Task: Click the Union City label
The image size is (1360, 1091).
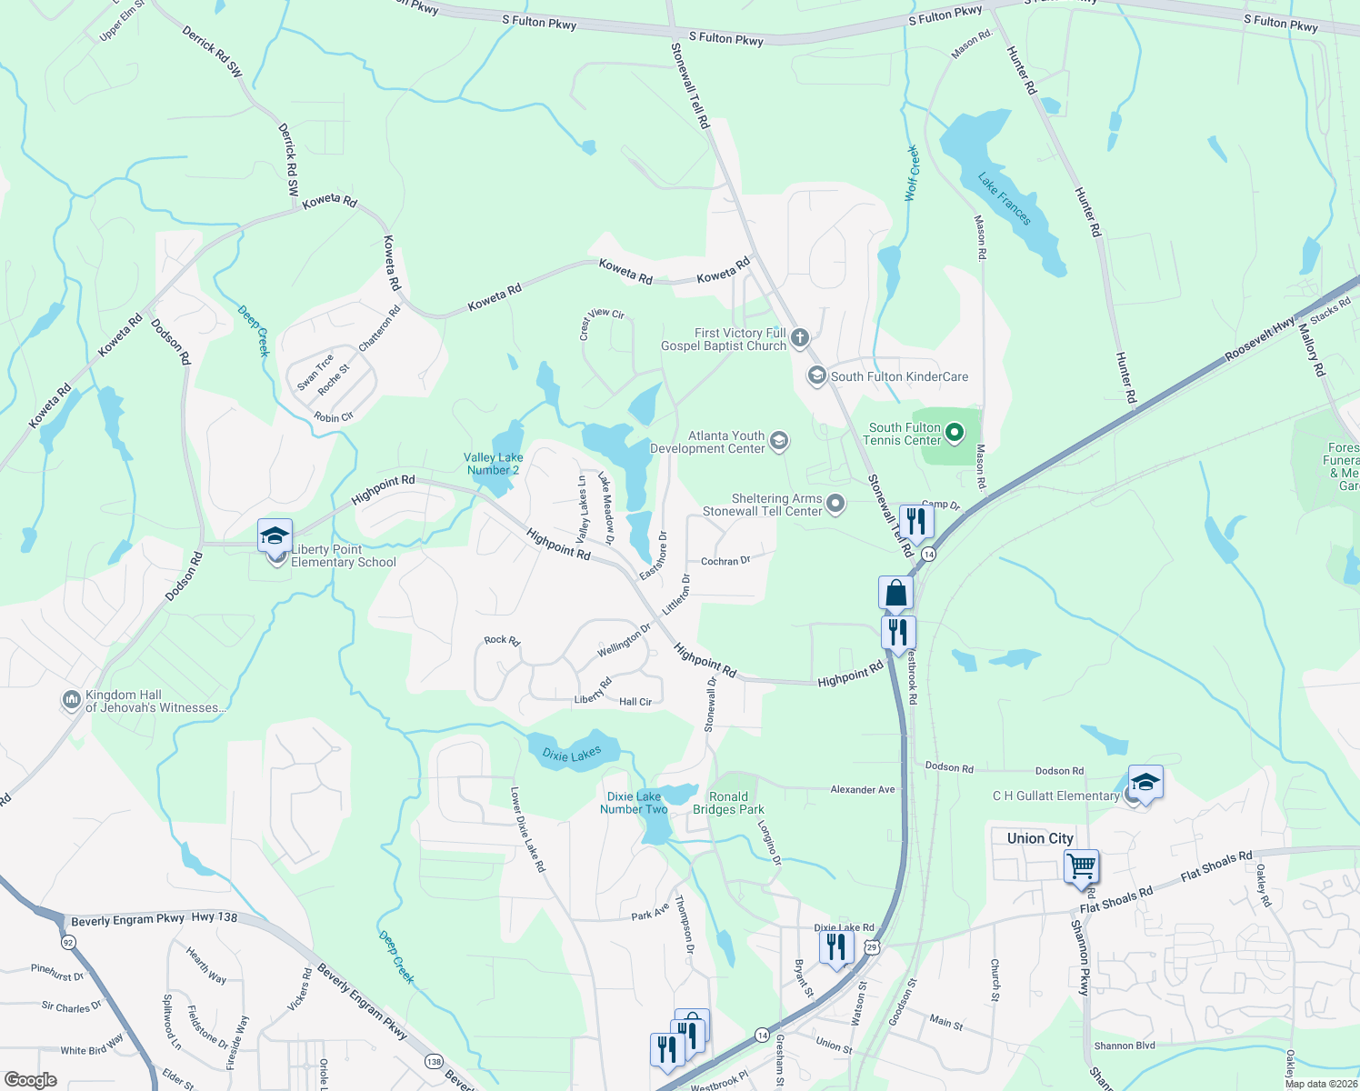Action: click(1040, 838)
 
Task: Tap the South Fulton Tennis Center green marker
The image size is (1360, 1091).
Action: click(954, 433)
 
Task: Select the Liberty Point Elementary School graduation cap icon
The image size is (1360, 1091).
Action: click(274, 535)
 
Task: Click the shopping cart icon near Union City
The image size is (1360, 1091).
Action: click(1081, 866)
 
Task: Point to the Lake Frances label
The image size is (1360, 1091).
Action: click(1005, 199)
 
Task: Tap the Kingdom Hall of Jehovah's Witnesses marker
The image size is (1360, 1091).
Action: click(71, 700)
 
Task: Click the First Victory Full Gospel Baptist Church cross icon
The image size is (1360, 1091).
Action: click(799, 339)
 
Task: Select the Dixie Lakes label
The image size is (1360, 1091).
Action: click(572, 754)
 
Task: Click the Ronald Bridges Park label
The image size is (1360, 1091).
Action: click(728, 803)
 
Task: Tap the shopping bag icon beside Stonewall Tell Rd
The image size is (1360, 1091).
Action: click(895, 593)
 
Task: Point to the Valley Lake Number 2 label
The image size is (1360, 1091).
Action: click(493, 464)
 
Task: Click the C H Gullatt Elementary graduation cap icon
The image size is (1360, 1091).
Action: click(1145, 782)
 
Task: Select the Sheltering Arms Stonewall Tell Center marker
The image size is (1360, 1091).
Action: click(835, 504)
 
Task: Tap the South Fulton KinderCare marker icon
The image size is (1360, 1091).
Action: click(816, 375)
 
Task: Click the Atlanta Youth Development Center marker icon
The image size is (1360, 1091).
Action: click(778, 442)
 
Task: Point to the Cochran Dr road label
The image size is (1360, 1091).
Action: click(725, 561)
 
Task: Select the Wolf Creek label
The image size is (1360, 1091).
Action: click(912, 173)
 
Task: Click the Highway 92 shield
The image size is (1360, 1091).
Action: click(68, 942)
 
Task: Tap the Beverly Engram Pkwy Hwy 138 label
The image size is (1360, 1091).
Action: click(154, 919)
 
